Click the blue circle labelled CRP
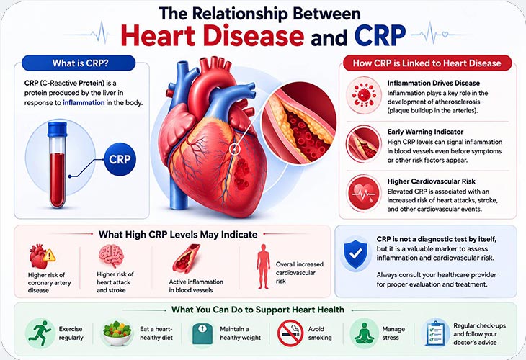click(120, 159)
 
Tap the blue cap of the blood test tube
click(58, 130)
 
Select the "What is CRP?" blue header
click(79, 63)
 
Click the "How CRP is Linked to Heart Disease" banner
click(427, 63)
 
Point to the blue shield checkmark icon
click(356, 253)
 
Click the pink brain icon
click(112, 256)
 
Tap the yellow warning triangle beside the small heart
click(49, 256)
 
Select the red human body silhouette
click(263, 266)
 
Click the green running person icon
click(40, 333)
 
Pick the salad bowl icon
click(117, 333)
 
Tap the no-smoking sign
click(290, 333)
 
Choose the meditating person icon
click(365, 333)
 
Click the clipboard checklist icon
click(435, 333)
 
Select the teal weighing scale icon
click(202, 333)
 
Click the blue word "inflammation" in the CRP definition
click(84, 102)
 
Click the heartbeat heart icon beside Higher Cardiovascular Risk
click(364, 194)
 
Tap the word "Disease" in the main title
click(254, 36)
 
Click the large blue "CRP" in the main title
click(380, 35)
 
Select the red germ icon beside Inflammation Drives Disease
click(364, 95)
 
